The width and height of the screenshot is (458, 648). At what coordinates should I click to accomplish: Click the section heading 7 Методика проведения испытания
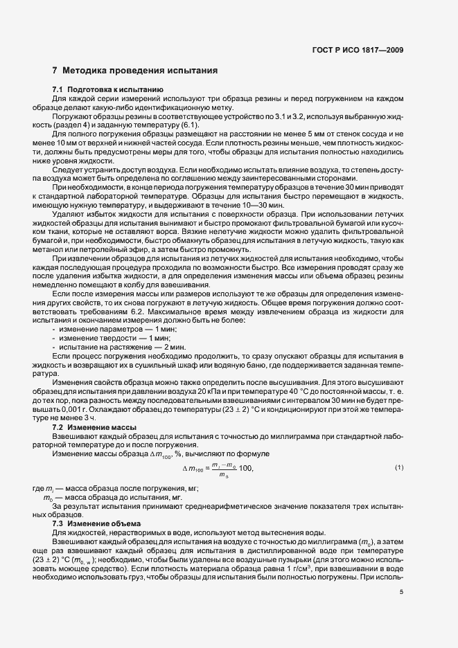(x=136, y=71)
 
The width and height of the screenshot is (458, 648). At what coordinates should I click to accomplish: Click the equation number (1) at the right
(x=399, y=467)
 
